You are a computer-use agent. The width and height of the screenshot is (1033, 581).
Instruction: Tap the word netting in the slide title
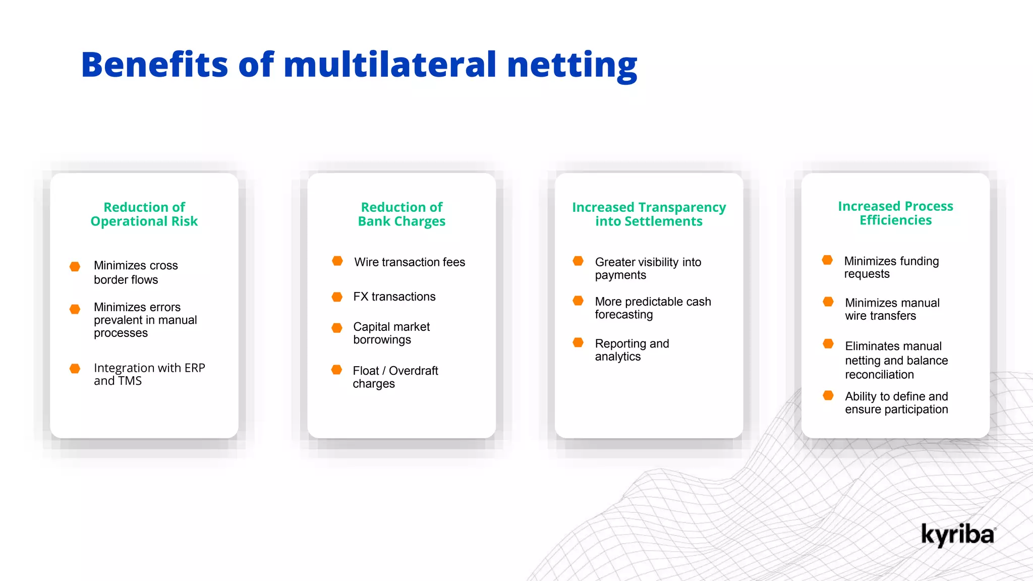click(x=572, y=66)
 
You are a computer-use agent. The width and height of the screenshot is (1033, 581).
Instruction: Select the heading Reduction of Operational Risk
click(x=144, y=214)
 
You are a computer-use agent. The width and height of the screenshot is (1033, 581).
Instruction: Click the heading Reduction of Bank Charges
click(x=401, y=214)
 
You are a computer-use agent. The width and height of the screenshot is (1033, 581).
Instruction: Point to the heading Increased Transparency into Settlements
click(x=649, y=214)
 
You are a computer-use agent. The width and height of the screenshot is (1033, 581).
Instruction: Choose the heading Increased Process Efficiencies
click(x=895, y=213)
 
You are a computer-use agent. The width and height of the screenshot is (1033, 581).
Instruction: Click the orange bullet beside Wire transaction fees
click(x=337, y=261)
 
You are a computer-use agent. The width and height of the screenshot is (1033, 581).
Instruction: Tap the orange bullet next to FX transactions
click(x=337, y=297)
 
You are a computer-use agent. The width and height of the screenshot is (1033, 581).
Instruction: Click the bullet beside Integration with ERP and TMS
click(x=75, y=369)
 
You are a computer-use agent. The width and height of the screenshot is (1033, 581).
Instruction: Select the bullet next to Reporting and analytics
click(x=578, y=343)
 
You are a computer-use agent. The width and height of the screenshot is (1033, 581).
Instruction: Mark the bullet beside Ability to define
click(x=828, y=395)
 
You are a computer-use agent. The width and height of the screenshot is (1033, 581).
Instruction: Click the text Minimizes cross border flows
click(x=136, y=272)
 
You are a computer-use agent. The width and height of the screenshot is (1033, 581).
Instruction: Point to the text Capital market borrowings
click(x=391, y=333)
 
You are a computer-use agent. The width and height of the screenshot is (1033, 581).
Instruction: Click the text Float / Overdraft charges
click(x=395, y=377)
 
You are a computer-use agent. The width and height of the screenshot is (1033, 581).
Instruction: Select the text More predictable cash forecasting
click(x=653, y=308)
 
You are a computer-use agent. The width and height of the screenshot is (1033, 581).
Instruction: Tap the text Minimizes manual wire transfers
click(x=892, y=309)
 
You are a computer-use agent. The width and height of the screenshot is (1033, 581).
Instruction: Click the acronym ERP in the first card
click(x=195, y=368)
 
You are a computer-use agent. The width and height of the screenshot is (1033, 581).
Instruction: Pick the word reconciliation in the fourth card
click(x=879, y=375)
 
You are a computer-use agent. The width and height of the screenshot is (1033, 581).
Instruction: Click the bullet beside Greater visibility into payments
click(x=578, y=261)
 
